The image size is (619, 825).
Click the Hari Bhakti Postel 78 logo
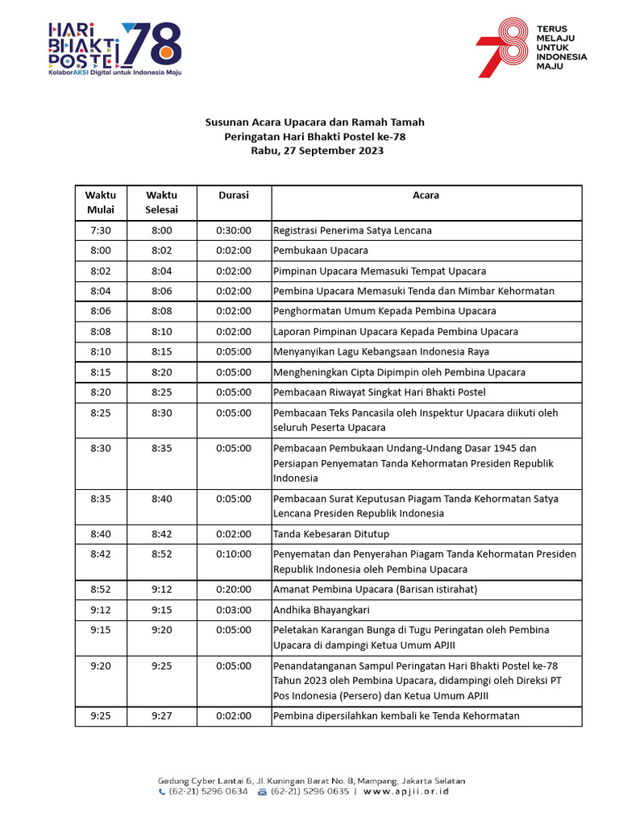114,48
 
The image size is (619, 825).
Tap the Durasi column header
234,195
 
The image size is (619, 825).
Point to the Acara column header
426,195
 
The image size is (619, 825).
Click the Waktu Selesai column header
161,202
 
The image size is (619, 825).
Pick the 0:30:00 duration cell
234,230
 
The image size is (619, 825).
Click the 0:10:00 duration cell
234,554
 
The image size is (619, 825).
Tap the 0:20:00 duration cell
234,590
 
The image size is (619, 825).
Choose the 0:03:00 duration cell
234,611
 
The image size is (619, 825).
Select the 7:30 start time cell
101,230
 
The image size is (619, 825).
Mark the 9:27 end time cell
161,716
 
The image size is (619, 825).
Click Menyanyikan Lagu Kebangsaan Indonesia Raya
381,352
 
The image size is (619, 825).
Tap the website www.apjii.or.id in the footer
406,792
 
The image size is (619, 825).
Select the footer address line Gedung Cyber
311,781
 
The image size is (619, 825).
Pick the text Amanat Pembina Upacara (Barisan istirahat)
376,590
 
